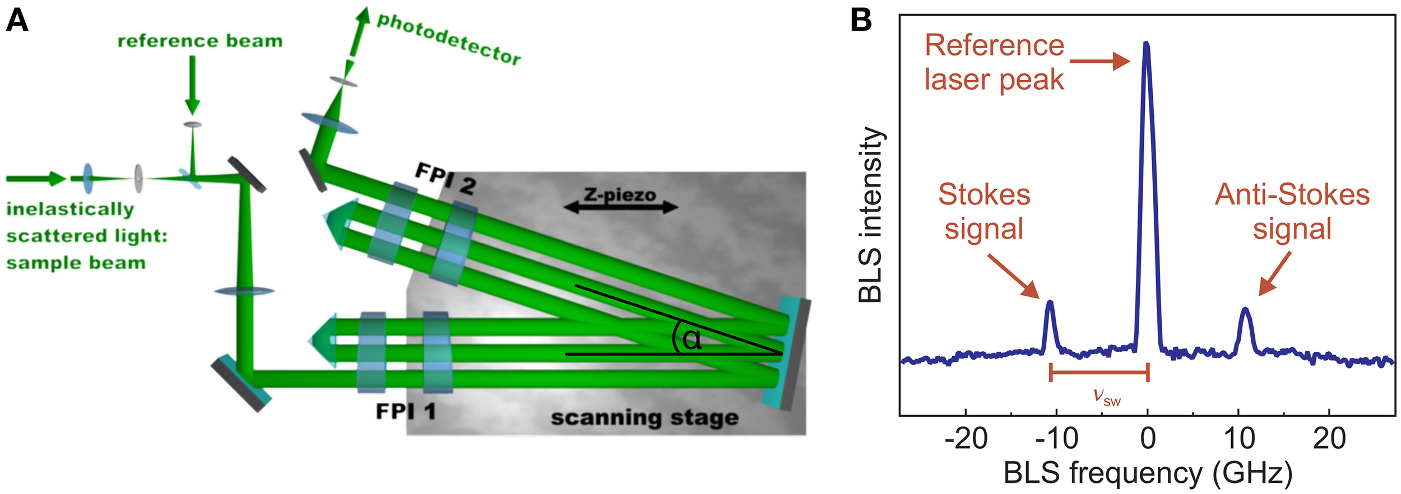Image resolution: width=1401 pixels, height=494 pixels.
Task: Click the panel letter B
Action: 861,20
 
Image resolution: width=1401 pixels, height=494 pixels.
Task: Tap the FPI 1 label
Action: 405,412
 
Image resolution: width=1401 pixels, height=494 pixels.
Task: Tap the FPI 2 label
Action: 446,179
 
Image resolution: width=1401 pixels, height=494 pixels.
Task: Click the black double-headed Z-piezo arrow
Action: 621,208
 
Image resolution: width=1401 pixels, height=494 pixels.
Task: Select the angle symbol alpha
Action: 692,339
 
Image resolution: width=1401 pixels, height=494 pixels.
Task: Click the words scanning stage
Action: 644,418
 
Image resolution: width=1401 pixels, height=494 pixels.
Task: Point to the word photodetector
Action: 448,38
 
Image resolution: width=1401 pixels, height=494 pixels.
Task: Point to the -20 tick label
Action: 966,439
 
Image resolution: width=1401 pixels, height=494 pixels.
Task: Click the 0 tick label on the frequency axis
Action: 1148,439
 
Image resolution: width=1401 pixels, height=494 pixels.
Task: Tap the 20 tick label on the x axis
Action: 1329,439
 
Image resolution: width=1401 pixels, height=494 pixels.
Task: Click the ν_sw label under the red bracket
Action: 1107,396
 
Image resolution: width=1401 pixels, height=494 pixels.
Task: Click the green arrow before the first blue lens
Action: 36,179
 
